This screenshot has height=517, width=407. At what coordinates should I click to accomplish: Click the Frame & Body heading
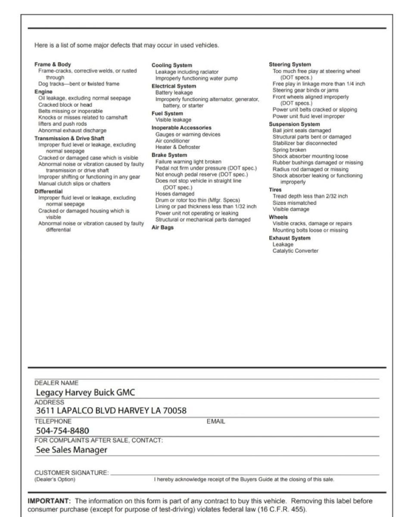(53, 64)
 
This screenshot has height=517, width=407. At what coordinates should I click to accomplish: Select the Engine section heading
(43, 91)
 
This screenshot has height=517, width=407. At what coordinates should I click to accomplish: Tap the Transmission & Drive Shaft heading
(69, 138)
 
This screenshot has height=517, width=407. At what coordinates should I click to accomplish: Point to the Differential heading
(48, 191)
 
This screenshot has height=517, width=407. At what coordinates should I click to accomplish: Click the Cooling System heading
(172, 65)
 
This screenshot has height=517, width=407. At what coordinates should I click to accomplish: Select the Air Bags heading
(162, 227)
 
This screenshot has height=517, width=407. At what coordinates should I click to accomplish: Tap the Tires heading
(275, 190)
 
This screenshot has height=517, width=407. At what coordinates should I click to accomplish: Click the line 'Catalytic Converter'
(295, 251)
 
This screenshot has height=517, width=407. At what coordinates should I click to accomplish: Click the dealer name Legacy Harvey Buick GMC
(85, 392)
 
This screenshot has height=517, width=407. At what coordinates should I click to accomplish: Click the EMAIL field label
(216, 421)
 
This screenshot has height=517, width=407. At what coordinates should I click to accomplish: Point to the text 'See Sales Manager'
(71, 450)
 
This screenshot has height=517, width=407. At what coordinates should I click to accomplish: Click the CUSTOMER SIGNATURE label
(71, 473)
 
